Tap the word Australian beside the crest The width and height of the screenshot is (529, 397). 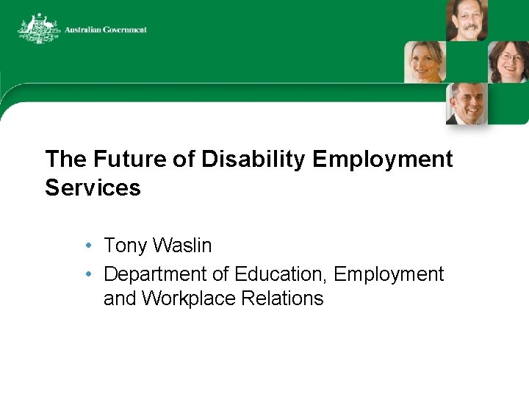tap(82, 30)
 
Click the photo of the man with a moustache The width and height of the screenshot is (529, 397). tap(467, 20)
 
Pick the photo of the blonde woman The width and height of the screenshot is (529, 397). tap(425, 62)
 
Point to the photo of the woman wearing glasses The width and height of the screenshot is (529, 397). tap(508, 62)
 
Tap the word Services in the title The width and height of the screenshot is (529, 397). tap(93, 187)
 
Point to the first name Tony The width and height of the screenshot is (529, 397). tap(127, 246)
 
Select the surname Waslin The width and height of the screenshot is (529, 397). tap(182, 246)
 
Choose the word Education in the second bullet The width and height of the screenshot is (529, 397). tap(281, 274)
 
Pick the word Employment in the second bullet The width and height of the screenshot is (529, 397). tap(389, 274)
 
